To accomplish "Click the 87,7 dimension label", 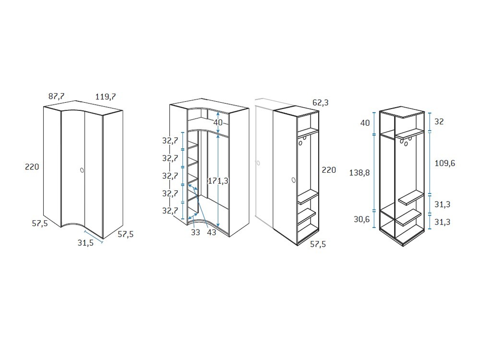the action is click(56, 96).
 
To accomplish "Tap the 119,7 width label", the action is click(106, 97).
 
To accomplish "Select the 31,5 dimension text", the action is click(85, 243).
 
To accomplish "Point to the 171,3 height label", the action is click(218, 181).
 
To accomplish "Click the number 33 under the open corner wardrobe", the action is click(195, 233).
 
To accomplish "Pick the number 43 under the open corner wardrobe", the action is click(212, 232).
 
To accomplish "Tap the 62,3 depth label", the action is click(321, 103).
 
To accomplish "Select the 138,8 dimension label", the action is click(360, 173).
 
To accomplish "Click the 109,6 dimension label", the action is click(445, 164).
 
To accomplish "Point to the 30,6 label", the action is click(361, 219).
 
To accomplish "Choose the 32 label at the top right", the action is click(439, 121).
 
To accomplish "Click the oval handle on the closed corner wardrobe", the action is click(82, 170).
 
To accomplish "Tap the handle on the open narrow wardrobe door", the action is click(294, 180).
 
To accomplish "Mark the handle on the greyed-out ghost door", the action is click(258, 163).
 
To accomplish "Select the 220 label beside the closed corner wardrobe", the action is click(32, 167).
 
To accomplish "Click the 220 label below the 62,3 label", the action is click(329, 170).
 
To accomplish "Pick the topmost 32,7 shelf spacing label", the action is click(170, 141).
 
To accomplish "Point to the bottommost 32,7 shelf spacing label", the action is click(170, 211).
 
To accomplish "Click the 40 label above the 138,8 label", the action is click(365, 123).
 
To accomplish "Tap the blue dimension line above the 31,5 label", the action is click(94, 237).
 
